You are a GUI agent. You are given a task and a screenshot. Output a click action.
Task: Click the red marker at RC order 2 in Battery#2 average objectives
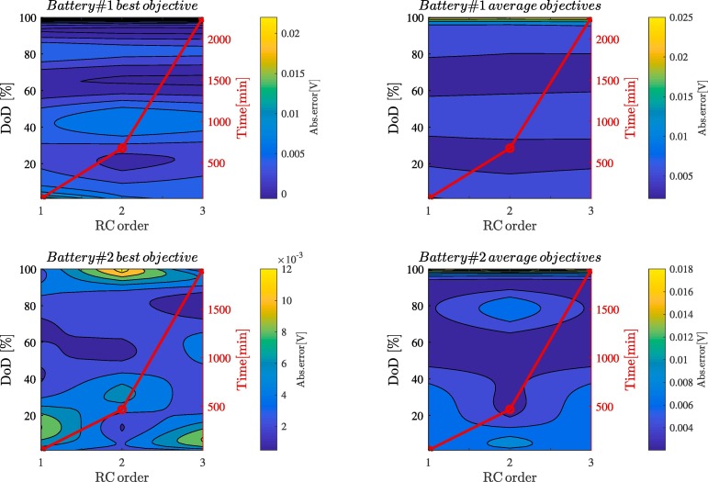[510, 409]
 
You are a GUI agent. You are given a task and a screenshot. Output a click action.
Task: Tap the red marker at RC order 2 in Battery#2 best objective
[121, 409]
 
